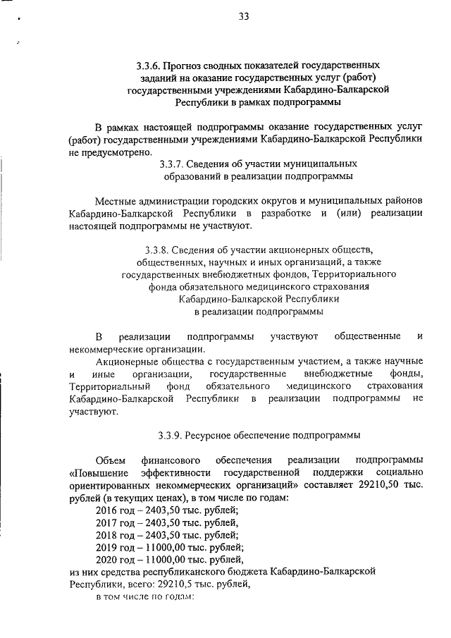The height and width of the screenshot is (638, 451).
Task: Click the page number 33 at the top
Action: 243,17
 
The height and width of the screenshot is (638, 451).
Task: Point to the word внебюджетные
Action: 340,373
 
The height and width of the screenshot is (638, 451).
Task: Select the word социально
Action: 397,472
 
